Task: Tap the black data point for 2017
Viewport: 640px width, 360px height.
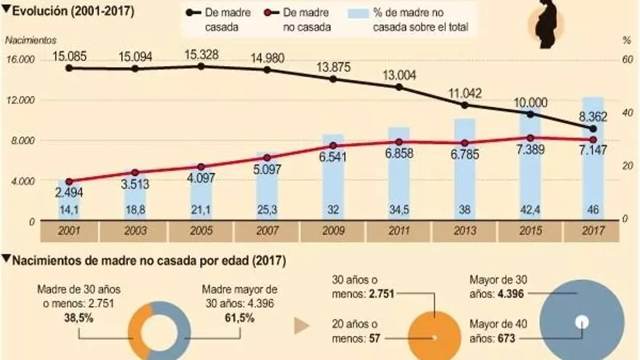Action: [593, 129]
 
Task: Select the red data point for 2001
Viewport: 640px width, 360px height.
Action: [69, 182]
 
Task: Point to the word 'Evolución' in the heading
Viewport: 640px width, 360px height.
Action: [41, 9]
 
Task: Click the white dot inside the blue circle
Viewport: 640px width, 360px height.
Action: [581, 321]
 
